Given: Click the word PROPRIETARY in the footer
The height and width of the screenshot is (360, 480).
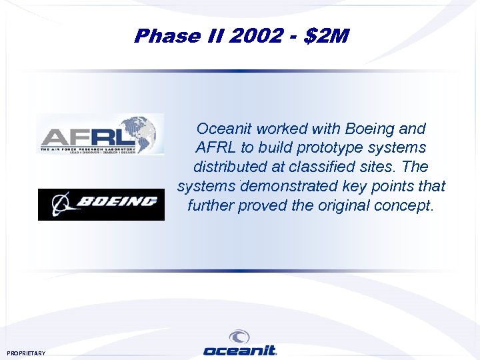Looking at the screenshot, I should click(26, 353).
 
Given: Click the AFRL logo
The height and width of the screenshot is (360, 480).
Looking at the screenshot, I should click(100, 135).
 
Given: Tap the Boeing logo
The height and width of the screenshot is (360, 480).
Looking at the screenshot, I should click(101, 204).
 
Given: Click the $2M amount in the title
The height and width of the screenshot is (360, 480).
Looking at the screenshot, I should click(327, 36).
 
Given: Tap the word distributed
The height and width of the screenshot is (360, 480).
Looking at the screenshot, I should click(233, 167).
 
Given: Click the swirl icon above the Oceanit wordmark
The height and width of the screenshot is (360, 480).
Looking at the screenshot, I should click(239, 337).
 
